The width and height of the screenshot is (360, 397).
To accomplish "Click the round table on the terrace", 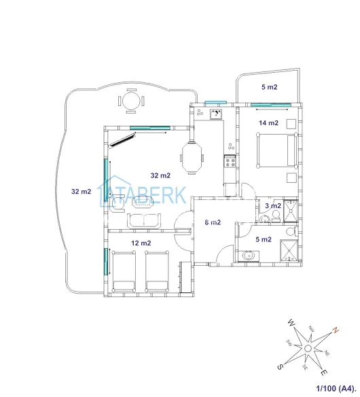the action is tap(131, 101).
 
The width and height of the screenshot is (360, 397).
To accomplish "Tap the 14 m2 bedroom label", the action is tap(268, 123).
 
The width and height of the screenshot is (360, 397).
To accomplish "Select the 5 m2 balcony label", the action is tap(269, 87).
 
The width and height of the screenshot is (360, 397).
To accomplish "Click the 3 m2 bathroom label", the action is tap(273, 205).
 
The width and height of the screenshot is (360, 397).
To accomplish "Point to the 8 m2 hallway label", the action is tap(213, 222).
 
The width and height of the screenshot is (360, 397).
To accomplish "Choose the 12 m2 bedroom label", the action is tap(141, 243).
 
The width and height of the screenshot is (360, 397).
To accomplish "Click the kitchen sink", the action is tap(216, 114).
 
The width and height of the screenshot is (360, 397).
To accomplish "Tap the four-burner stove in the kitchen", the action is tap(230, 161).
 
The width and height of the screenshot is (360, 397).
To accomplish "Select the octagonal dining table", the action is tap(192, 158).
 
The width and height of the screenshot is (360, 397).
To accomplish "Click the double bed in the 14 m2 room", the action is tap(276, 150).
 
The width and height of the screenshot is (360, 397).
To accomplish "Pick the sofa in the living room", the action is tap(144, 221).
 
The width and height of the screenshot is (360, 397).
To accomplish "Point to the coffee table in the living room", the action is tap(143, 202).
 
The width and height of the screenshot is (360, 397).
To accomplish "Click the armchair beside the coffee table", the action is tap(118, 203).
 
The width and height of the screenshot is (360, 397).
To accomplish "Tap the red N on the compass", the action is tap(336, 330).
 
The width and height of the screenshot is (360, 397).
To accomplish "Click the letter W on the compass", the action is tap(291, 323).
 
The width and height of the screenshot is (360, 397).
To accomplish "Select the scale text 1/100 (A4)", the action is tap(336, 388).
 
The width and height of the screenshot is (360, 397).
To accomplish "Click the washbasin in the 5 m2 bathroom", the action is tap(249, 256).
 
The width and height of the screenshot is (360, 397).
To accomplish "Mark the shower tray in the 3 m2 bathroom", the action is tap(291, 211).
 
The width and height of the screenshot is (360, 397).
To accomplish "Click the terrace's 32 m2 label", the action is tap(81, 192).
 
